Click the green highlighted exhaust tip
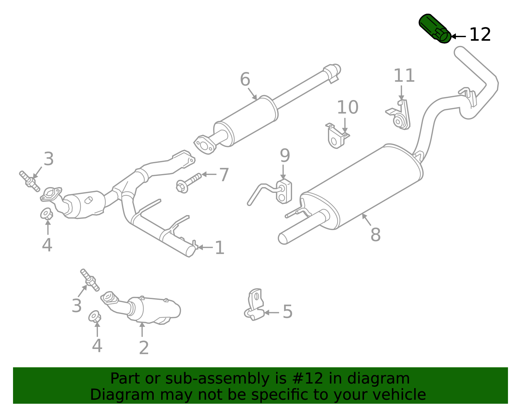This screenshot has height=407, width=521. click(x=435, y=28)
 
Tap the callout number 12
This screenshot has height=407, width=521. click(x=480, y=35)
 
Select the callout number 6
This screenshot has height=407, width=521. click(x=245, y=80)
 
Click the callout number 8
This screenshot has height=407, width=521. click(x=375, y=235)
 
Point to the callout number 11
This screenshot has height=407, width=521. click(x=404, y=76)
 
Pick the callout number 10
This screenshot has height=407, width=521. click(x=347, y=107)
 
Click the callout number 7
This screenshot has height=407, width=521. click(x=224, y=175)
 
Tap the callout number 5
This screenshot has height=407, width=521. click(x=288, y=312)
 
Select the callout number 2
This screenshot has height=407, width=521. click(x=144, y=348)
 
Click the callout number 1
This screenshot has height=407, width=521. click(x=220, y=248)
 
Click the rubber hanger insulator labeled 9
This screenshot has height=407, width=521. click(x=284, y=192)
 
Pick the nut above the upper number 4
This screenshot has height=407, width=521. click(x=47, y=214)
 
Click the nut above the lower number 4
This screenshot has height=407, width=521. click(x=95, y=316)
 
